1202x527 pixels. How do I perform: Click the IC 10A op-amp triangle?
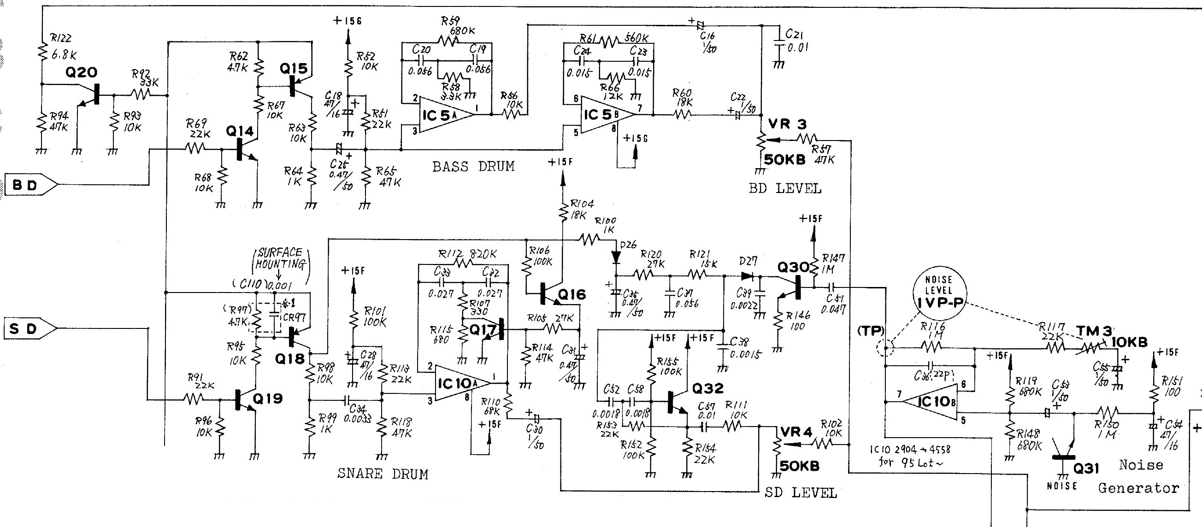coord(460,383)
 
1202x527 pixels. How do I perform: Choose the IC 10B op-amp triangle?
coord(931,402)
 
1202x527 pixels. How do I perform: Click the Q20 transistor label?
coord(82,72)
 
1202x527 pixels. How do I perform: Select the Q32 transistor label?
coord(707,388)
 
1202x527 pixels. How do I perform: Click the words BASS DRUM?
coord(473,166)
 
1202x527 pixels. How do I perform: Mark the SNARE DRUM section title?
coord(382,474)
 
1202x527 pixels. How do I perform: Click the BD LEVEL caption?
coord(785,189)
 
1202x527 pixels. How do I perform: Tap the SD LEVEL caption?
coord(801,492)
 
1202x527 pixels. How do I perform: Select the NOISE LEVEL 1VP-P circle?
coord(939,292)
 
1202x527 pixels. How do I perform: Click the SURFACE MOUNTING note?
coord(280,258)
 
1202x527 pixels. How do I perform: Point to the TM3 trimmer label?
coord(1094,331)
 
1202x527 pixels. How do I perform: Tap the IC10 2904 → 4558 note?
coord(909,455)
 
